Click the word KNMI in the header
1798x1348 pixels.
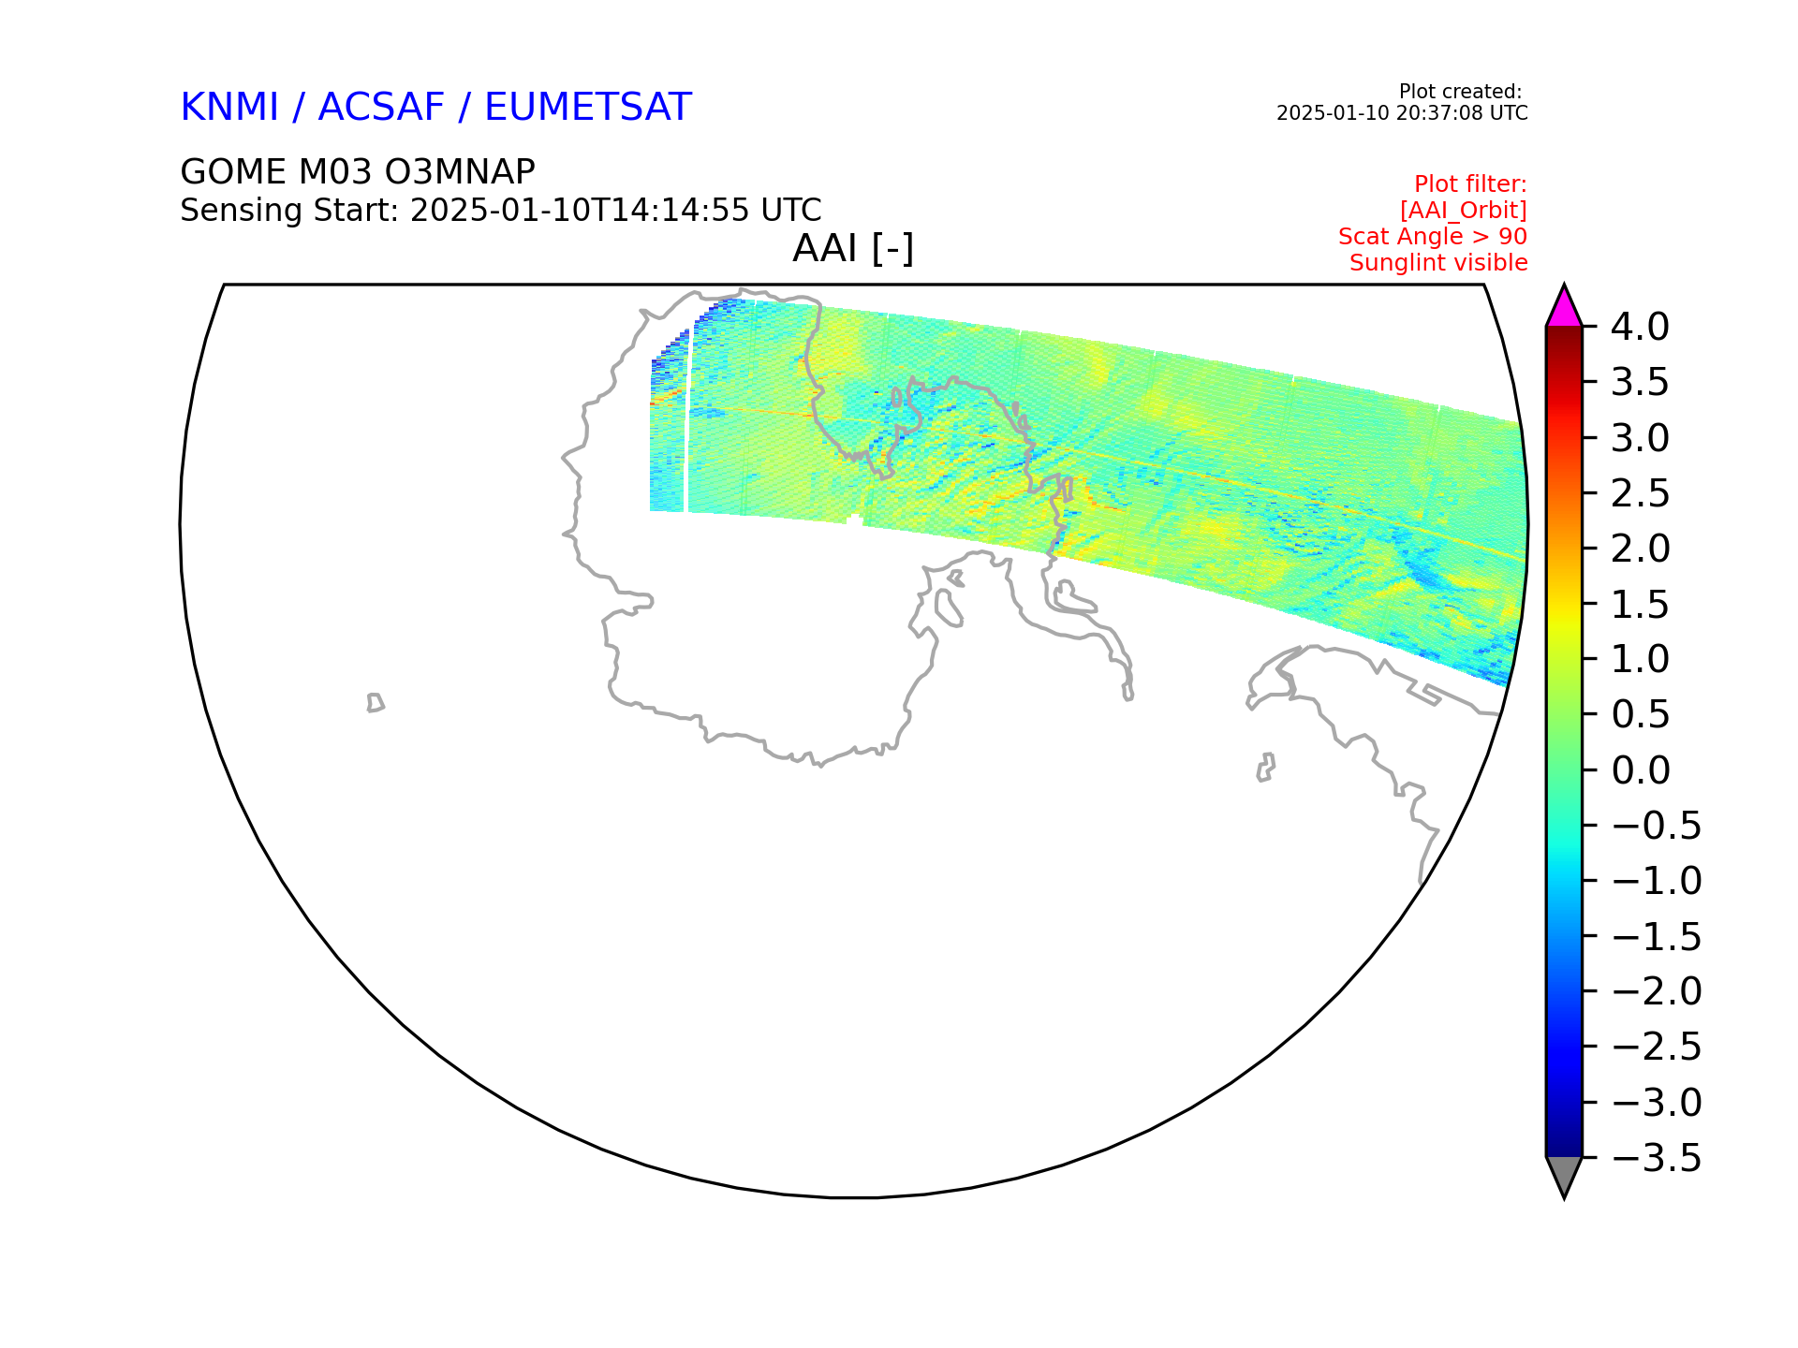tap(229, 108)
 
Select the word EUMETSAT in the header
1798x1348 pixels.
tap(588, 108)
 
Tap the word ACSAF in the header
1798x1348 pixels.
tap(381, 108)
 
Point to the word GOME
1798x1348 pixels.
tap(233, 172)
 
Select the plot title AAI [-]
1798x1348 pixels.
tap(853, 249)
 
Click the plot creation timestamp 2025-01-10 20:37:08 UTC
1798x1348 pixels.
tap(1402, 113)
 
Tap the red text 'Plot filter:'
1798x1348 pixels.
tap(1470, 184)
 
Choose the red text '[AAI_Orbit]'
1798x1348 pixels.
tap(1464, 211)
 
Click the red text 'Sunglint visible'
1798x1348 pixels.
tap(1438, 263)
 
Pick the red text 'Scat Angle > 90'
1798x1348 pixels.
tap(1433, 237)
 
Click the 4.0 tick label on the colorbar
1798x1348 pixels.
tap(1640, 328)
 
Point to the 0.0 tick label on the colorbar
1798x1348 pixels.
tap(1640, 770)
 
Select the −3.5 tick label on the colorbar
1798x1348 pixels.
tap(1657, 1158)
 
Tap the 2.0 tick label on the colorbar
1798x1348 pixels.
tap(1640, 549)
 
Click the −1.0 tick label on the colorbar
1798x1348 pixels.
tap(1657, 881)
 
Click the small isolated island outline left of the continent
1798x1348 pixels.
tap(376, 703)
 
